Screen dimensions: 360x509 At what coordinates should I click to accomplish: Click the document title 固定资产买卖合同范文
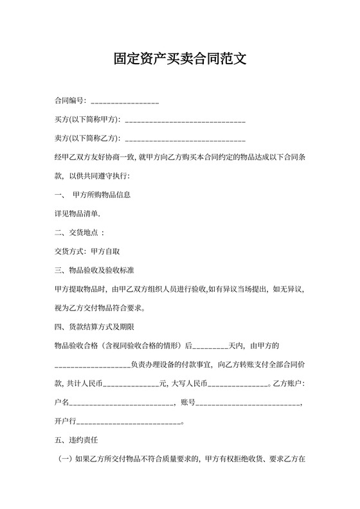180,59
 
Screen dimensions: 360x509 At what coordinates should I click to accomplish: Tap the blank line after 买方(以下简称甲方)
185,120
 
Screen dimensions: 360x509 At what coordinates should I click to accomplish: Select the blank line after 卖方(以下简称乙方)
185,139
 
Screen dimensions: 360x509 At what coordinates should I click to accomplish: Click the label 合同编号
69,101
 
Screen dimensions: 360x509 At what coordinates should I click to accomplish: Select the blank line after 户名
122,403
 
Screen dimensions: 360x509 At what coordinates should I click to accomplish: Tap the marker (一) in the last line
66,460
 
